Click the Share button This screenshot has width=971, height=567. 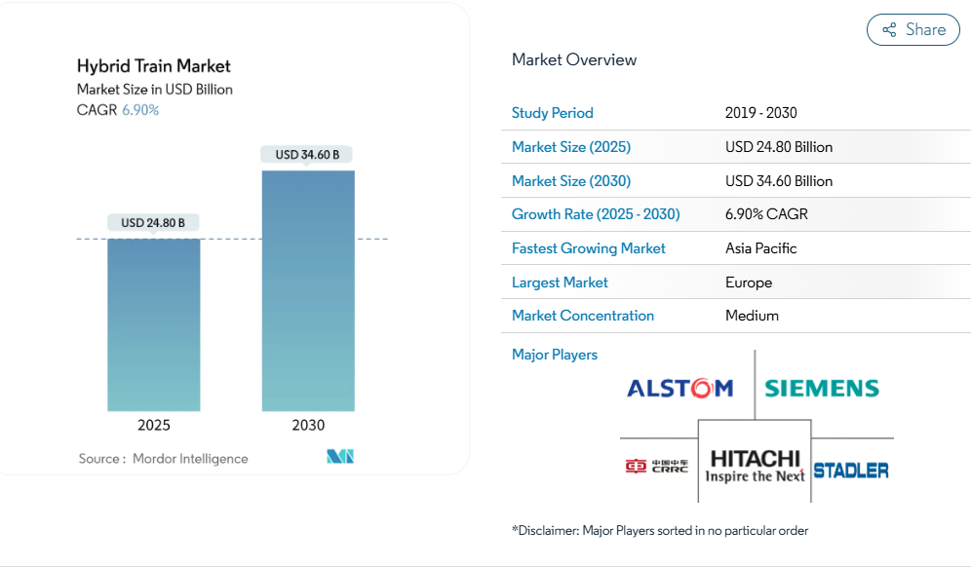click(x=913, y=29)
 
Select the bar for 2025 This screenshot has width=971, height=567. click(x=154, y=323)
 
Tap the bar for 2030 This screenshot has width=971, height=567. click(x=308, y=290)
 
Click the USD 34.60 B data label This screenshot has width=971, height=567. click(x=308, y=155)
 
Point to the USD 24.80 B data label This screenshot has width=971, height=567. click(x=153, y=223)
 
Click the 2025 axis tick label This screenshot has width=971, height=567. click(x=154, y=425)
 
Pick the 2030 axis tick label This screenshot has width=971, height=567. click(x=308, y=425)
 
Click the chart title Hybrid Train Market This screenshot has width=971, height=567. click(x=154, y=66)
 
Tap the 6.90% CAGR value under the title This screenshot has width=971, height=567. click(x=140, y=110)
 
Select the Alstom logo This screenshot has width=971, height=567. click(x=680, y=389)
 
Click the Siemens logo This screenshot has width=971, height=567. click(x=822, y=389)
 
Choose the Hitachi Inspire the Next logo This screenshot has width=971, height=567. click(x=756, y=466)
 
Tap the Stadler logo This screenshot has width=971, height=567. click(x=850, y=471)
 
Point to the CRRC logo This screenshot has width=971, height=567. click(x=657, y=467)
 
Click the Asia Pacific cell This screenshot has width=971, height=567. click(x=760, y=248)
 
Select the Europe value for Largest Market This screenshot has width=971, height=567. click(x=749, y=283)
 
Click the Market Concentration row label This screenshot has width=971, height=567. click(x=583, y=316)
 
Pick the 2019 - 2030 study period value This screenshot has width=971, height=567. click(x=760, y=113)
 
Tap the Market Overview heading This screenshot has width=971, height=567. click(x=574, y=59)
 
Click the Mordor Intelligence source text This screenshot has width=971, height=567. click(x=190, y=459)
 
